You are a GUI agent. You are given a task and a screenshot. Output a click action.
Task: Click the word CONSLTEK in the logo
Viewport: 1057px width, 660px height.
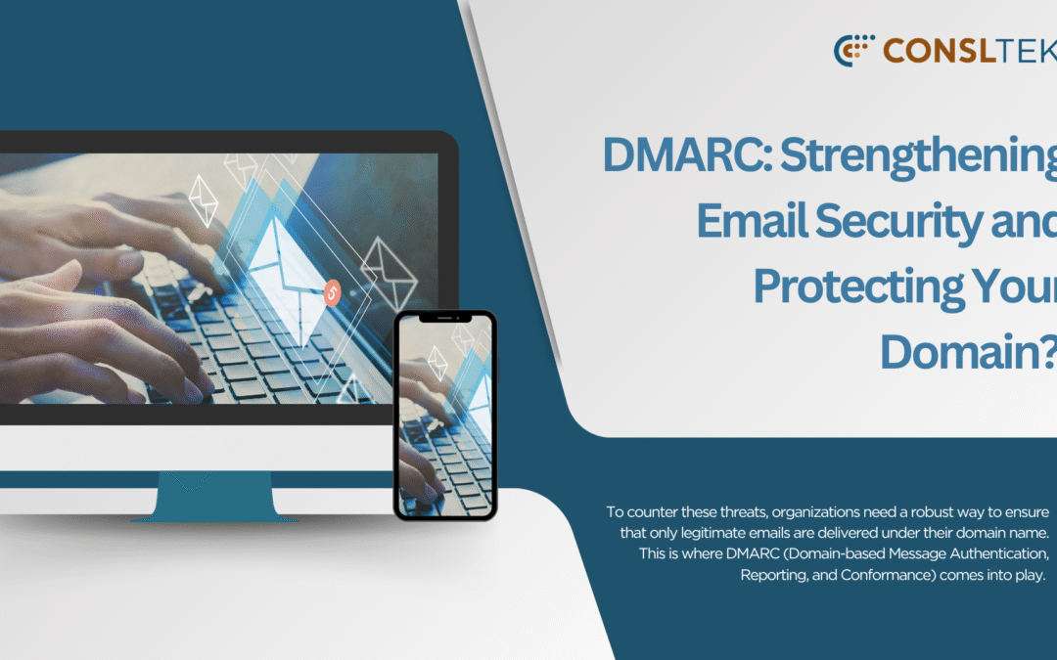(x=970, y=50)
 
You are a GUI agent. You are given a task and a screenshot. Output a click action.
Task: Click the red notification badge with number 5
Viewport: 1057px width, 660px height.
(x=332, y=290)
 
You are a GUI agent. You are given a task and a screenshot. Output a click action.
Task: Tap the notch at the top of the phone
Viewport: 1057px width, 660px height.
(x=444, y=318)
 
